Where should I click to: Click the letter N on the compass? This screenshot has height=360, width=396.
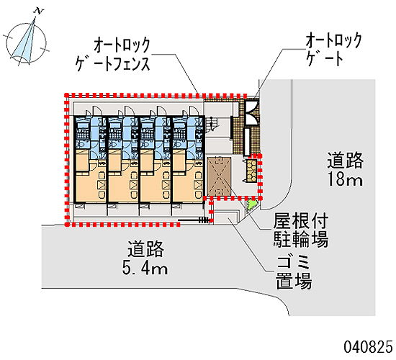coord(39,11)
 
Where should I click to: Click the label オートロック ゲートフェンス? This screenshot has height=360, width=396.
coord(113,54)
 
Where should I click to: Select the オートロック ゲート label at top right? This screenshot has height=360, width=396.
coord(334,50)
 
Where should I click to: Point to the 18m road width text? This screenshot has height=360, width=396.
coord(345,179)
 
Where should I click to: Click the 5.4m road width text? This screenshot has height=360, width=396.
coord(145,268)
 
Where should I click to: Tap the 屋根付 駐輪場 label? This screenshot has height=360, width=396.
coord(300,230)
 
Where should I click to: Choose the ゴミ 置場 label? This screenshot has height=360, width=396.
coord(294,272)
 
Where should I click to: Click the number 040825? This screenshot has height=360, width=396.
coord(368,346)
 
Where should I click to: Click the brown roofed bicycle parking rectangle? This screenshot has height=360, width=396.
coord(219,176)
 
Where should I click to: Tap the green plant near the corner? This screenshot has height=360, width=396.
coord(252,204)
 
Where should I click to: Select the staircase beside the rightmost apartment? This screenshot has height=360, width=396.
coord(212,124)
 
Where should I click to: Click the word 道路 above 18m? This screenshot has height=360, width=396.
coord(345,160)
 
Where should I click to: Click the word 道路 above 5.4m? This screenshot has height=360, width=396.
coord(145,249)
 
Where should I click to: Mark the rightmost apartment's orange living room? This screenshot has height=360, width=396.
coord(188,187)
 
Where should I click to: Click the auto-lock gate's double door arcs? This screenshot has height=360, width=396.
coord(251,113)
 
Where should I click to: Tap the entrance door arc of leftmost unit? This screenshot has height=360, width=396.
coord(96,110)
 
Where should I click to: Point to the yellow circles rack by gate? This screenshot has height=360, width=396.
coord(251,171)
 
